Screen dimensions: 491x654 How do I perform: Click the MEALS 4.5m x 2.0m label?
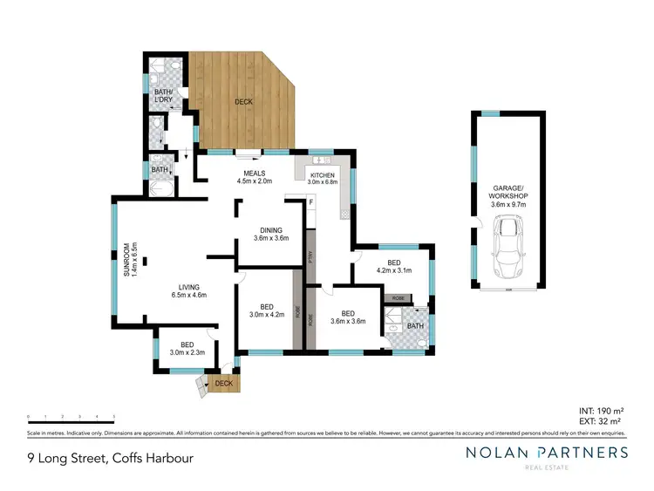pos(254,177)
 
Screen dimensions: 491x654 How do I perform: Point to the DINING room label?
pos(270,233)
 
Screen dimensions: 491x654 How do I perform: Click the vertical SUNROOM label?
pos(128,260)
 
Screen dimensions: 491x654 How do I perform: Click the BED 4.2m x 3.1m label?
pos(392,266)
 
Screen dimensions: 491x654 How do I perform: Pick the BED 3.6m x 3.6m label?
pos(348,317)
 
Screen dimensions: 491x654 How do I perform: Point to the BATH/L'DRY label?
pos(163,95)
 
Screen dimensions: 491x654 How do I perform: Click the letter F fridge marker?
pos(310,203)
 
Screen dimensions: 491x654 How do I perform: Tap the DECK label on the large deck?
pos(244,102)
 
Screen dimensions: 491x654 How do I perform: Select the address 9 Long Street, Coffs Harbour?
pos(109,458)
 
